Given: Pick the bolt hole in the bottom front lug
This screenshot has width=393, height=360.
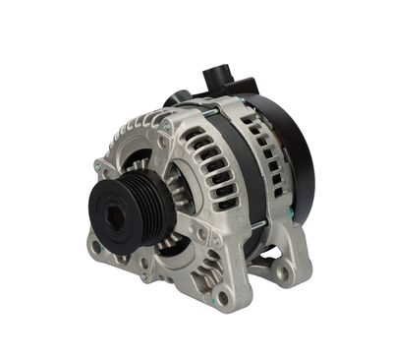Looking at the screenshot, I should (x=224, y=295).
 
